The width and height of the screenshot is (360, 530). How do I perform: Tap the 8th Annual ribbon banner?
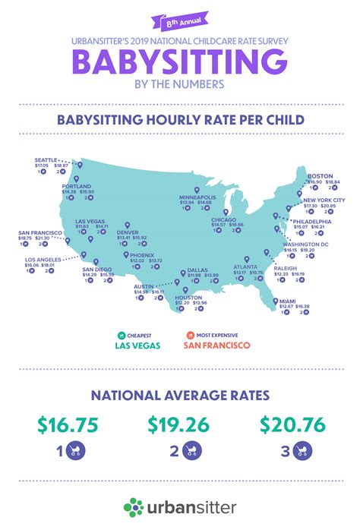[x=180, y=24]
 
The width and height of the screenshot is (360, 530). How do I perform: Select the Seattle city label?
[x=46, y=159]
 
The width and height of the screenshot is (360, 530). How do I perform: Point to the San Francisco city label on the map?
[x=34, y=232]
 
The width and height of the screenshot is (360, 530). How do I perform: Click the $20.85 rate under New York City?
[x=328, y=206]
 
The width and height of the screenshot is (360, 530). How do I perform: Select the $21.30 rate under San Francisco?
[x=43, y=238]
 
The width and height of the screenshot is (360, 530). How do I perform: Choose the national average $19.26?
[x=180, y=425]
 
